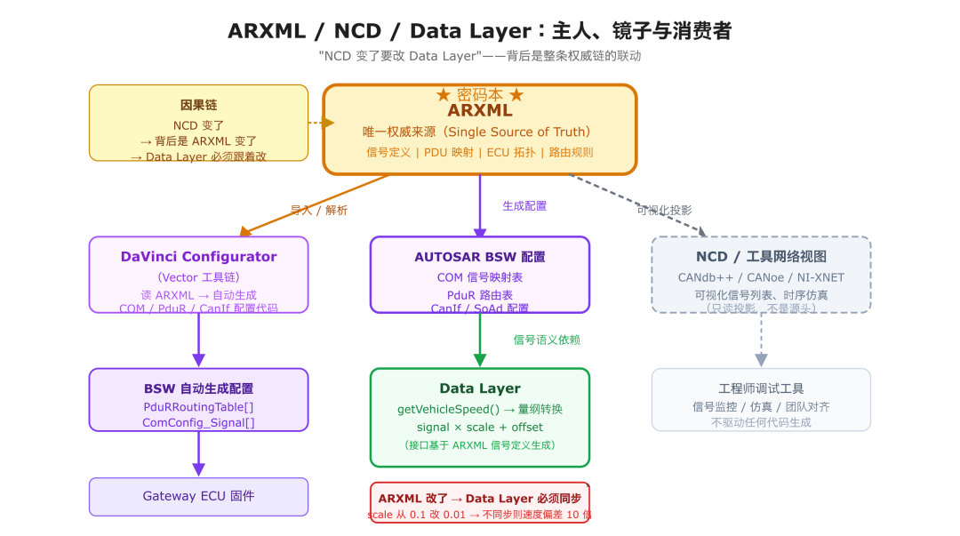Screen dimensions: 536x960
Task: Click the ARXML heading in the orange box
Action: pos(479,111)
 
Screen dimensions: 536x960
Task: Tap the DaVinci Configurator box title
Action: pos(198,257)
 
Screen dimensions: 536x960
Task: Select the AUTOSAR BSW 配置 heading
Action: pos(479,257)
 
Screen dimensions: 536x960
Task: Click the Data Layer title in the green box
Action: pos(479,388)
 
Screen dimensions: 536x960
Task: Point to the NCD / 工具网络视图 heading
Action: pos(761,257)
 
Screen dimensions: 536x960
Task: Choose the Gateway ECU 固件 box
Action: pos(198,496)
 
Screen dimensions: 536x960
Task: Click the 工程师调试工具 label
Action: pos(761,388)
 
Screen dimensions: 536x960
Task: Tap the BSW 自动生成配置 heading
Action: pos(198,388)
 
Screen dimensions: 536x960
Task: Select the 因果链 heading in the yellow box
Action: pos(198,105)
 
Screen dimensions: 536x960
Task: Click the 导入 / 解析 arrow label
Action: pos(319,211)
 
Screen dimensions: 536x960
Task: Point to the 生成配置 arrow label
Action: pos(524,206)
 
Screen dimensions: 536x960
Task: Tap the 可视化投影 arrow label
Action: pos(663,211)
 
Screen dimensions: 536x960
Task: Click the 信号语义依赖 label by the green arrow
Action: pos(547,340)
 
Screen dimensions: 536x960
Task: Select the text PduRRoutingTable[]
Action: pos(198,406)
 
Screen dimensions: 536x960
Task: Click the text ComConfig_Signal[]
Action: pos(198,423)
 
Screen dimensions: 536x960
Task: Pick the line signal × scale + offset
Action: pos(479,428)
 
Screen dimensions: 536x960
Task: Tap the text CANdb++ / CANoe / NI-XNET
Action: pos(761,277)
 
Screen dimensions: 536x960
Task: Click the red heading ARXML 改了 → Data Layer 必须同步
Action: pos(479,499)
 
